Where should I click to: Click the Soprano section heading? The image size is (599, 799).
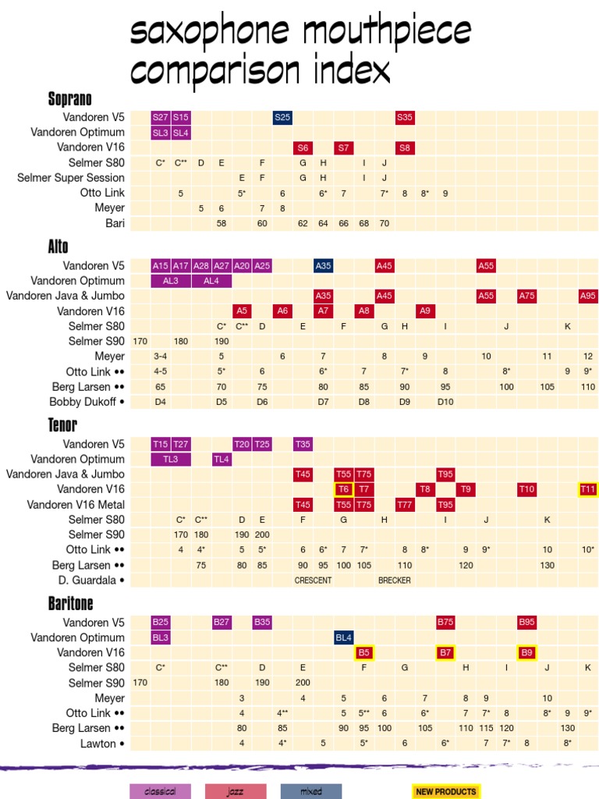click(70, 99)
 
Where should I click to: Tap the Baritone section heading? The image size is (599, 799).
click(70, 603)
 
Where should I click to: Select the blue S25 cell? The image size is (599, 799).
click(282, 117)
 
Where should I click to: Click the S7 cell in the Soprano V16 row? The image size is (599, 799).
click(343, 147)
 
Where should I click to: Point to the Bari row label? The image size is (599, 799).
click(115, 223)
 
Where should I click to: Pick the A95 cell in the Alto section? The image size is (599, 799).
click(588, 296)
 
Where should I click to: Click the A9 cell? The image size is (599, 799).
click(425, 311)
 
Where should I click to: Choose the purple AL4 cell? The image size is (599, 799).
click(211, 281)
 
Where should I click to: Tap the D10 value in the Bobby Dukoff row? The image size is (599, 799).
click(445, 402)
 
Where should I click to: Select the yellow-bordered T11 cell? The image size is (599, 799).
click(588, 489)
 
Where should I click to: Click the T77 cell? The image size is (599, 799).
click(405, 505)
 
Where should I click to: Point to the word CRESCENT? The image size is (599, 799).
click(313, 581)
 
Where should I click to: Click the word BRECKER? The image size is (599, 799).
click(395, 581)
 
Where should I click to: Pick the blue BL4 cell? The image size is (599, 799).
click(344, 637)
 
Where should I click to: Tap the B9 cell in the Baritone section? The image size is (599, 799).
click(526, 652)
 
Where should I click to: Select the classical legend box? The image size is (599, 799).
click(160, 791)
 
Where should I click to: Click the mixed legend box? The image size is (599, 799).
click(311, 791)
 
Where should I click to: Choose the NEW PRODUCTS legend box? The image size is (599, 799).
click(446, 791)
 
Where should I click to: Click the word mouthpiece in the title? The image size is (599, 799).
click(386, 33)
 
